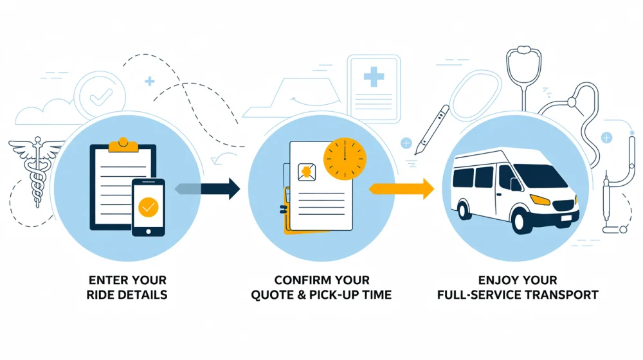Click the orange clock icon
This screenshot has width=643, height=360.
344,157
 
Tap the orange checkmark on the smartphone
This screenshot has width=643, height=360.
149,206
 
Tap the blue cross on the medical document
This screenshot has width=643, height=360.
374,78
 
